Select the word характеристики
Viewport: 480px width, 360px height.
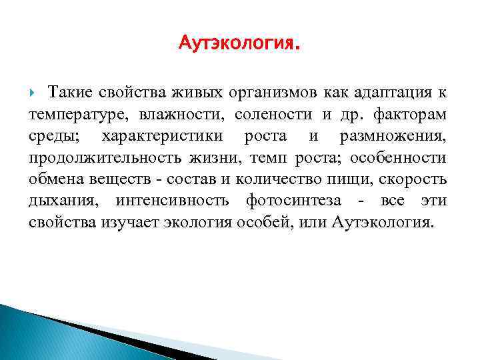(166, 136)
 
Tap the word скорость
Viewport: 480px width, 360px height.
(415, 180)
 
